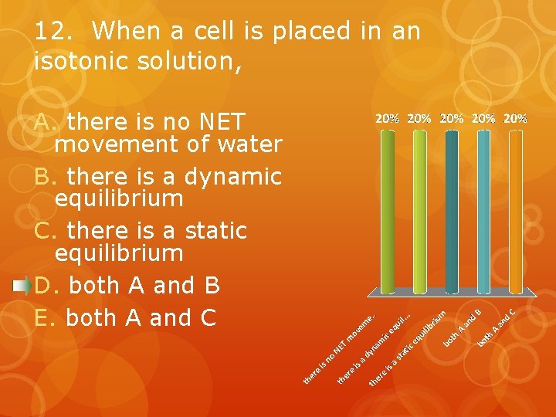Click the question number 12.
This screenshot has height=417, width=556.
52,32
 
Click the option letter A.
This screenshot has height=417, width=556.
43,122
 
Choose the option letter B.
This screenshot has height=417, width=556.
43,177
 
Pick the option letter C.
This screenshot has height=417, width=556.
43,231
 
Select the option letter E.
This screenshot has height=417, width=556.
43,317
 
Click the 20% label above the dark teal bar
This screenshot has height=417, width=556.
452,119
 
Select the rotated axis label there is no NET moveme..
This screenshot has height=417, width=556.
340,348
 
